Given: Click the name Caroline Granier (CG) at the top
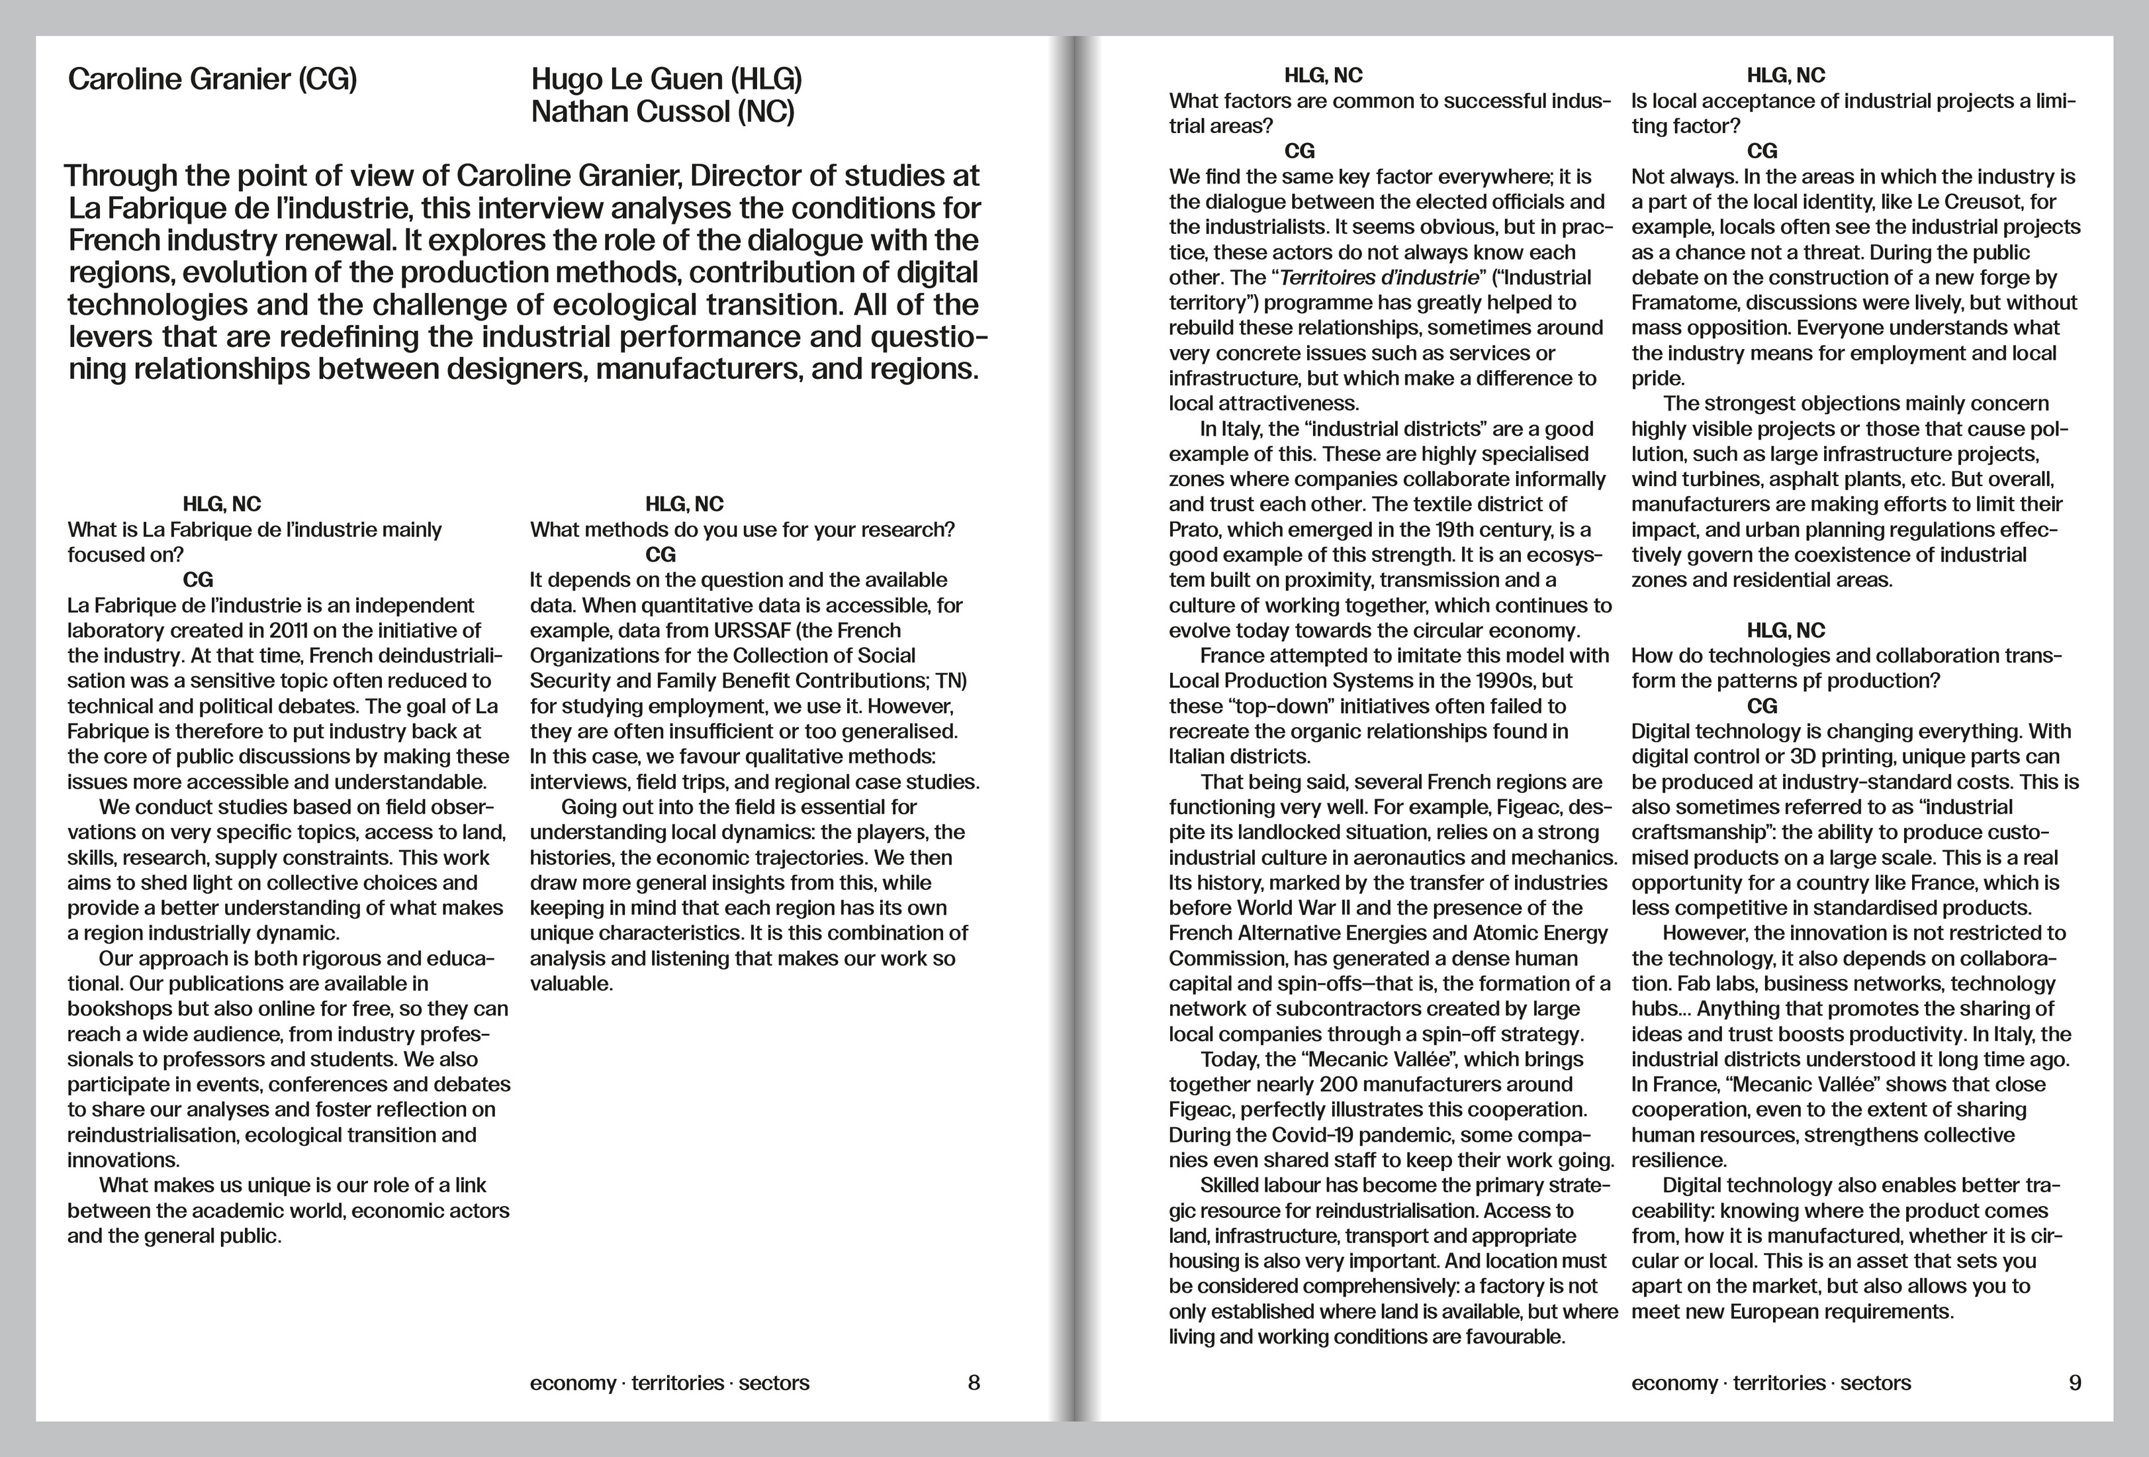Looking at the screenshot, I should (x=212, y=79).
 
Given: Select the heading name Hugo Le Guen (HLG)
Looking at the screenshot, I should (x=666, y=79).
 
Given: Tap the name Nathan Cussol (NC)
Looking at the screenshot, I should (x=662, y=112).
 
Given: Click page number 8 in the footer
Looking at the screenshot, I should (x=973, y=1383).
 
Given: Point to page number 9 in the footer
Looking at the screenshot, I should (x=2075, y=1383).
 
